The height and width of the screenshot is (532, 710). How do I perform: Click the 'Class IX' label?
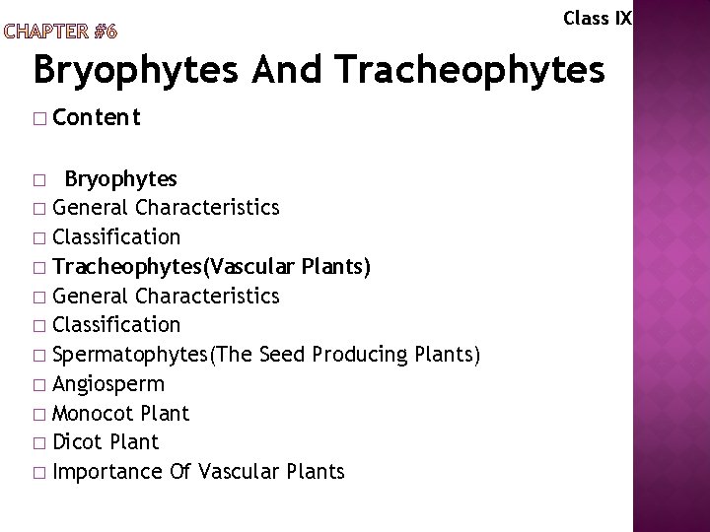tap(597, 18)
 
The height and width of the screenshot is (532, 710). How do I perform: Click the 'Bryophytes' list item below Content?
tap(120, 178)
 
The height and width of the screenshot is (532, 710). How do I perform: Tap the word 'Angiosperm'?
tap(109, 383)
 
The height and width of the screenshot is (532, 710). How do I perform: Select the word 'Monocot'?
tap(96, 413)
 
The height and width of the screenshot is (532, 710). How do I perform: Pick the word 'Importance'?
tap(106, 472)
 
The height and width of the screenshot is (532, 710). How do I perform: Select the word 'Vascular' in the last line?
tap(240, 472)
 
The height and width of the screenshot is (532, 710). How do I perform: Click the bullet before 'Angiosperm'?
tap(39, 384)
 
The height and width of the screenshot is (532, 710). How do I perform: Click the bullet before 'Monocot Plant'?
tap(39, 414)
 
